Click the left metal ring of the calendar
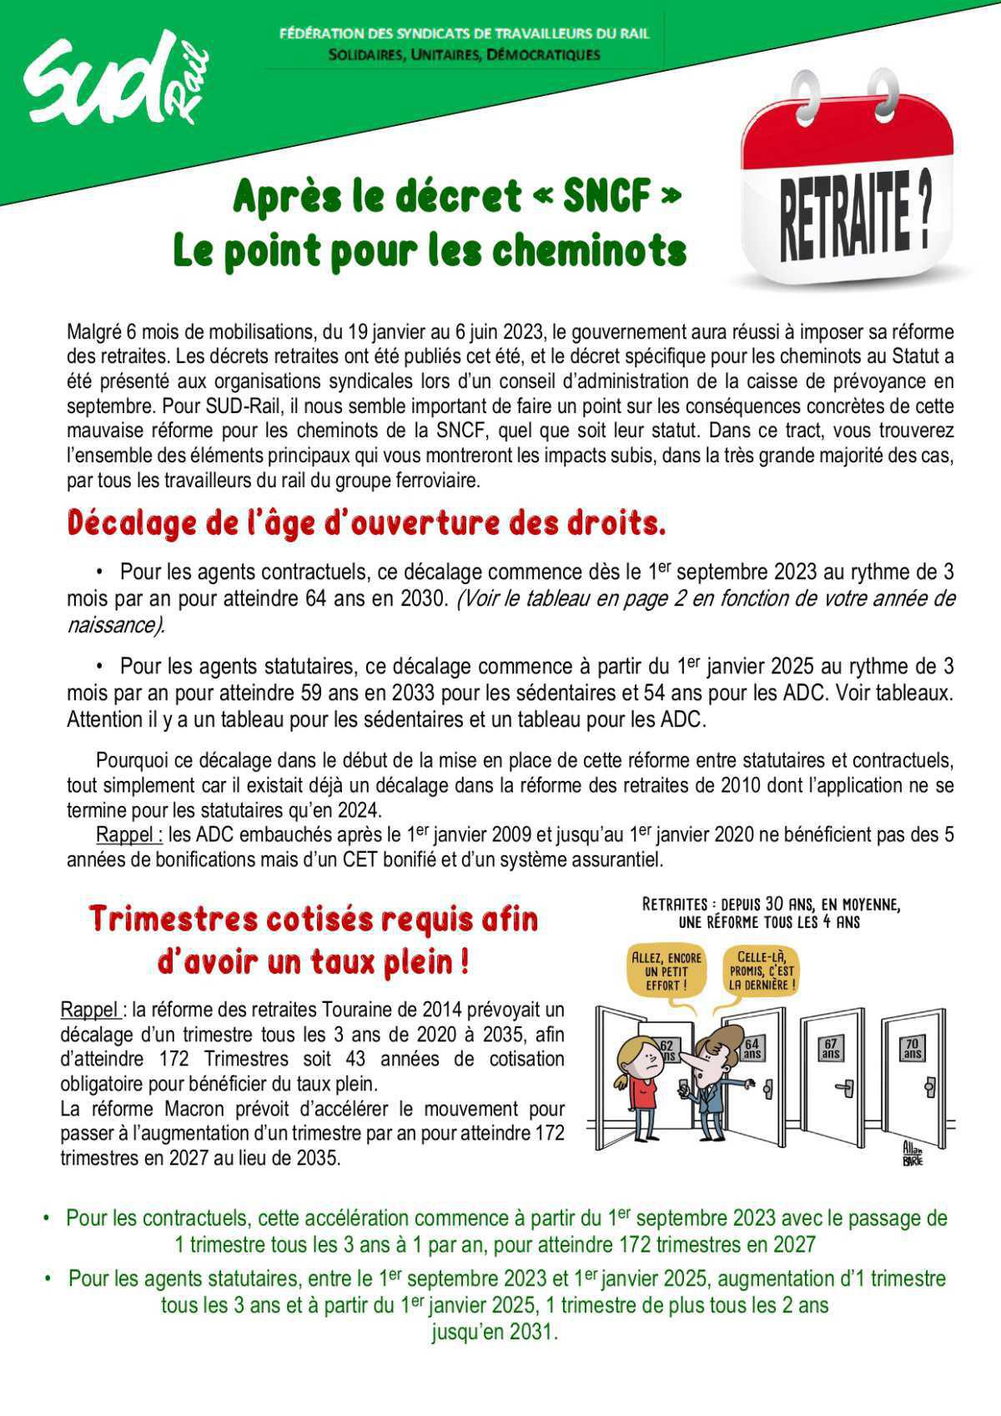(807, 96)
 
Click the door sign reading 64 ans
(752, 1049)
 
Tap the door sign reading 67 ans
(830, 1049)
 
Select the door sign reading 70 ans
(912, 1049)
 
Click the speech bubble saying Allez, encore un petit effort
(666, 971)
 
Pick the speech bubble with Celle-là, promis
(762, 971)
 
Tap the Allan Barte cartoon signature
(913, 1154)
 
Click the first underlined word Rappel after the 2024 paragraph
(128, 834)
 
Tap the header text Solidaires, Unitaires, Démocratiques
(465, 55)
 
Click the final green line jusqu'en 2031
(494, 1332)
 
